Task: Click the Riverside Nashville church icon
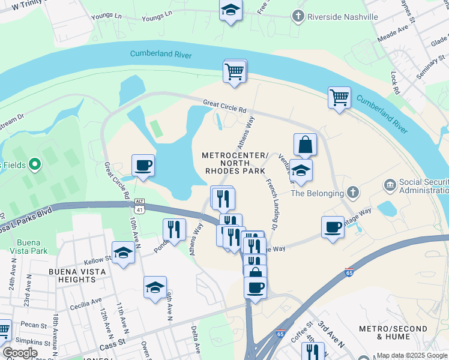[x=298, y=16]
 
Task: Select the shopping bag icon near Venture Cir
[x=305, y=145]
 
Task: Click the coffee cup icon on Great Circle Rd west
[x=143, y=166]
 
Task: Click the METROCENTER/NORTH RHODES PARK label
[x=234, y=163]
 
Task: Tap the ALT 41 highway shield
[x=139, y=205]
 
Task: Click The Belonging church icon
[x=352, y=193]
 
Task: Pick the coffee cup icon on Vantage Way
[x=333, y=227]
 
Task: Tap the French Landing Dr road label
[x=271, y=205]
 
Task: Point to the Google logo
[x=20, y=353]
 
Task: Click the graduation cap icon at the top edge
[x=231, y=10]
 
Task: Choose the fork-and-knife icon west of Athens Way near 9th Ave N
[x=174, y=229]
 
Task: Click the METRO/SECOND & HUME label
[x=393, y=333]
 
